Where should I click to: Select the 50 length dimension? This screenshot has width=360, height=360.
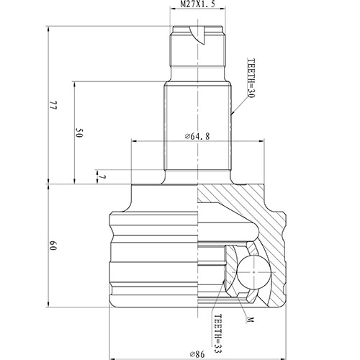coord(79,132)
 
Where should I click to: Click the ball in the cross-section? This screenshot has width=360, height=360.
coord(253,272)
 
